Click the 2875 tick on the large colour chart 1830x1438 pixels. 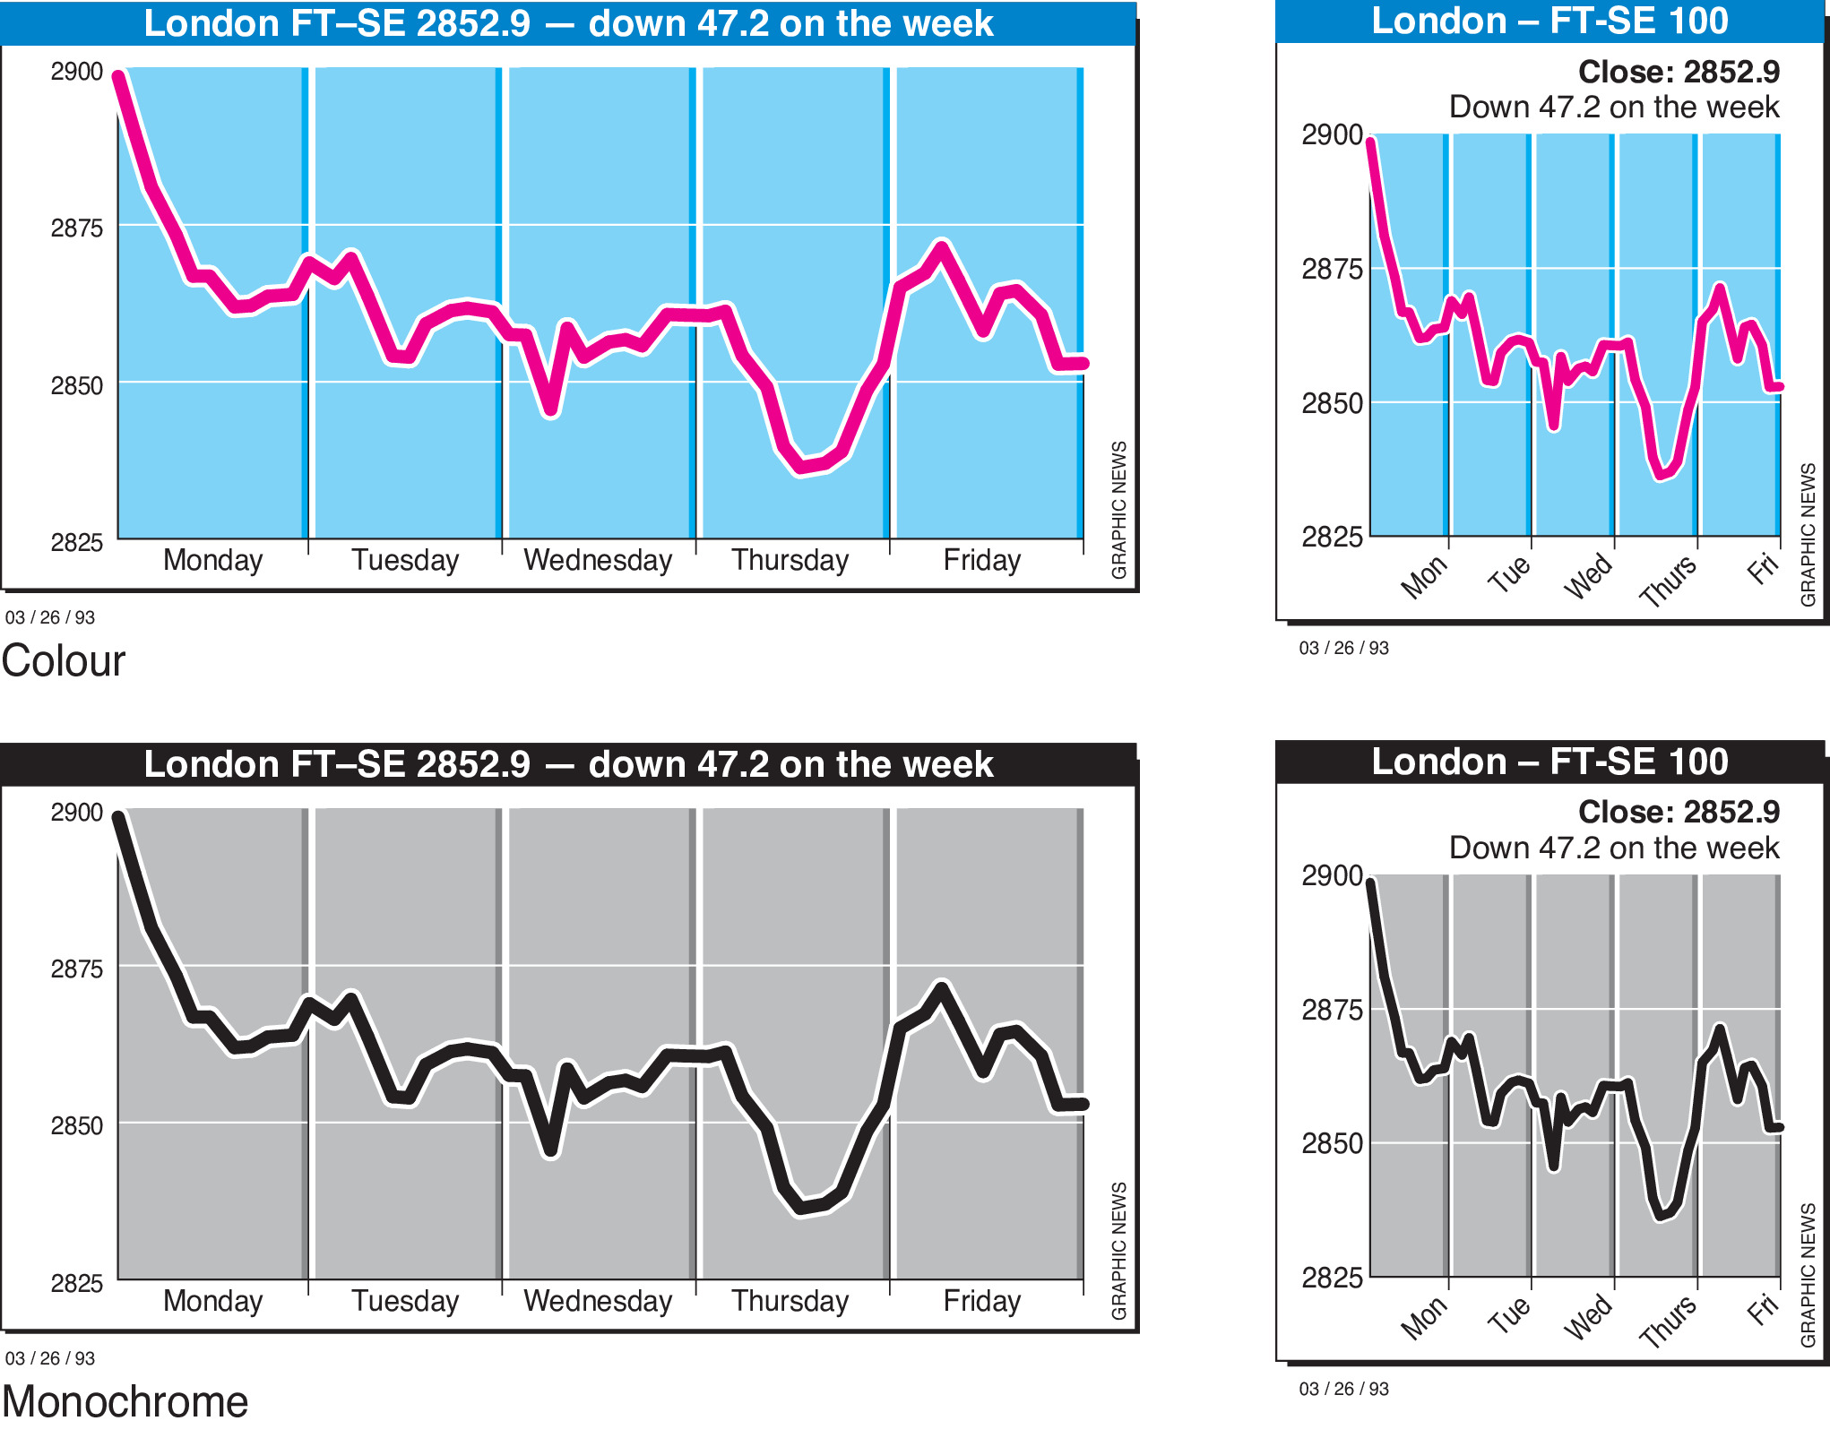click(x=76, y=228)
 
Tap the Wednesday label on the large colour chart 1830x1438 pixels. click(x=598, y=561)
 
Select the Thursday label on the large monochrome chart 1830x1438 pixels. click(x=790, y=1301)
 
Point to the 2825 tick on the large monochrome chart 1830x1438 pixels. click(x=76, y=1284)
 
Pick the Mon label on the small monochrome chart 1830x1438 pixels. click(x=1423, y=1318)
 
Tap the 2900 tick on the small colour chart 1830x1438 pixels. click(x=1332, y=135)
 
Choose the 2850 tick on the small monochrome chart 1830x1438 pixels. click(x=1332, y=1144)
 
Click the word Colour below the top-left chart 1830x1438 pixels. click(x=64, y=661)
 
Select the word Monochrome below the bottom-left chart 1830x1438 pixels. click(x=125, y=1402)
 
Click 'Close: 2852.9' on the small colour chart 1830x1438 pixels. click(x=1679, y=72)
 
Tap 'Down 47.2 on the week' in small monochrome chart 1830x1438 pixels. click(x=1614, y=848)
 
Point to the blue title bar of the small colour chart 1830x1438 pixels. click(x=1549, y=22)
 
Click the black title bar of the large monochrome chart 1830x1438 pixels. click(x=568, y=764)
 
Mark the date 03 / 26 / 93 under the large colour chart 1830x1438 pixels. click(x=50, y=617)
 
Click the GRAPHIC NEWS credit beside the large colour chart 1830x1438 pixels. click(x=1119, y=510)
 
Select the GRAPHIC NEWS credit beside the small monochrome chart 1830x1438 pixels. click(x=1808, y=1275)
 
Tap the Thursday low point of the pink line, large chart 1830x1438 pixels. click(x=800, y=468)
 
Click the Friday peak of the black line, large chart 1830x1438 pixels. click(x=941, y=987)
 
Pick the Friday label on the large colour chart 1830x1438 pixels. click(x=982, y=561)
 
